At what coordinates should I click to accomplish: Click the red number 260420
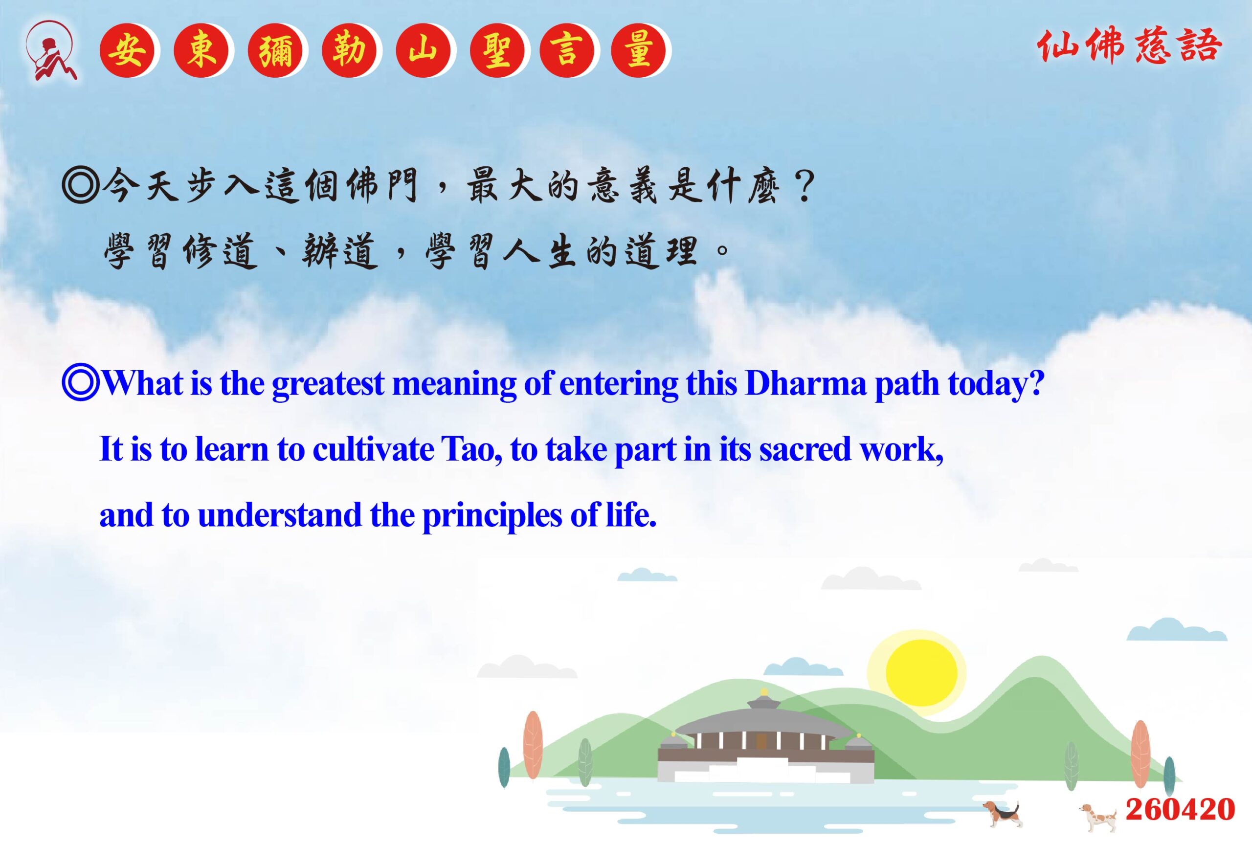(x=1180, y=809)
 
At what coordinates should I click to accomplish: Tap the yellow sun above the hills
(x=921, y=672)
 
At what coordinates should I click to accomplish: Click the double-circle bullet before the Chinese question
(x=81, y=185)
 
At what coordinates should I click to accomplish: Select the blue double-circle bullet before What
(x=81, y=383)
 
